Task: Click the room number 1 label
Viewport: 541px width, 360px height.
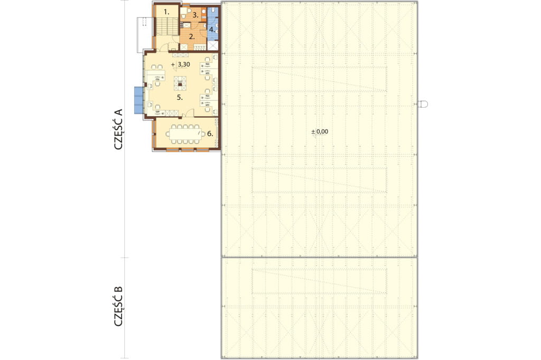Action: (166, 12)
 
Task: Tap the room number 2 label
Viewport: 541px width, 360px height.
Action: (192, 36)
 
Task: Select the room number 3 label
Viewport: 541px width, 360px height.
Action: (195, 15)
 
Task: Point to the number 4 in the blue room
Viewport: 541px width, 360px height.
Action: (212, 30)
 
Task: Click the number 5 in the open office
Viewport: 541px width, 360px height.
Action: (180, 98)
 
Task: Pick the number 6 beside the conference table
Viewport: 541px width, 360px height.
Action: (210, 134)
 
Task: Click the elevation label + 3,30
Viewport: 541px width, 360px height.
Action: (181, 64)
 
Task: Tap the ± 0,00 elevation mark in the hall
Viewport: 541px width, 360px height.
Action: (320, 131)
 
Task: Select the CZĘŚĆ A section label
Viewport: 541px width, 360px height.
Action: (118, 129)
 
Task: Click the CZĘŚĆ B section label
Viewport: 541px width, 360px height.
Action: (118, 306)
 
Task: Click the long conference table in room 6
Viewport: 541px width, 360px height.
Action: (185, 134)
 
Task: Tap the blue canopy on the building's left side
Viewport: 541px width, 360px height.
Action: (139, 100)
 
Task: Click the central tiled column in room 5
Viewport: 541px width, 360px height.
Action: (180, 83)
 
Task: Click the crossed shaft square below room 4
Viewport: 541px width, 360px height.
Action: (212, 46)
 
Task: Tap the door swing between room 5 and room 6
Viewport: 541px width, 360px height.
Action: (190, 113)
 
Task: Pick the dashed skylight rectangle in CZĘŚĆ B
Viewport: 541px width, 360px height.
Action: (320, 281)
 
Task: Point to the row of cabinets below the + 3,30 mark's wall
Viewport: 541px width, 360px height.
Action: (180, 55)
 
